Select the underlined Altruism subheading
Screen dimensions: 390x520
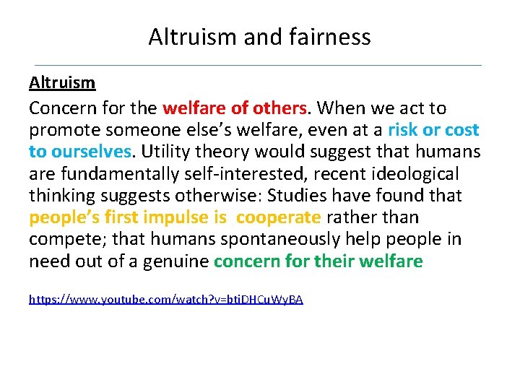[x=62, y=82]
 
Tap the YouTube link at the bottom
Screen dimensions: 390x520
[x=166, y=298]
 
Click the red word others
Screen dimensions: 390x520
[x=280, y=108]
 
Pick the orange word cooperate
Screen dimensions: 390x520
[x=278, y=217]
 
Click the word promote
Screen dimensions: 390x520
[x=61, y=131]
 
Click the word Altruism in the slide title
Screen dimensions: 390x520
[x=192, y=36]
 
